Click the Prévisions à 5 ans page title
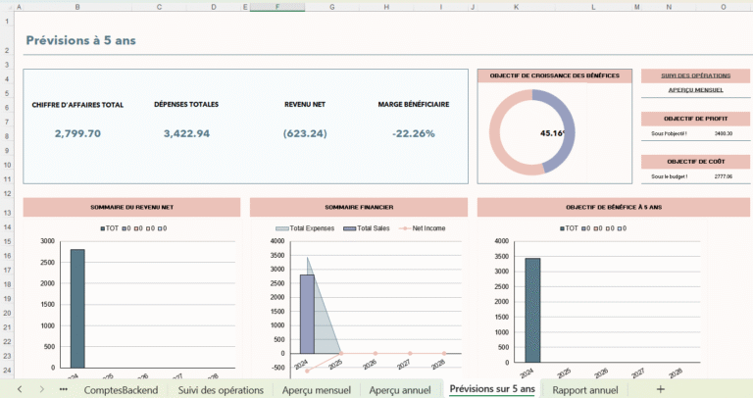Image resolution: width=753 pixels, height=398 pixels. pos(80,40)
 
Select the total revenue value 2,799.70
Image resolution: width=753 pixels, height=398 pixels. pos(77,133)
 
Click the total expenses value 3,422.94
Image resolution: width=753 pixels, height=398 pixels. pos(186,133)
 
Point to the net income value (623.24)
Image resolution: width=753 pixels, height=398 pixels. pos(305,133)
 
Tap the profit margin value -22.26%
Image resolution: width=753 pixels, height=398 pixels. pos(413,133)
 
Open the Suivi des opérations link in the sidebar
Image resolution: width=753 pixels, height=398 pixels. pos(696,75)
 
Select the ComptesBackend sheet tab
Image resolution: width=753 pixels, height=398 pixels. pos(121,389)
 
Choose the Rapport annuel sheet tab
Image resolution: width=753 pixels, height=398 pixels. pos(585,389)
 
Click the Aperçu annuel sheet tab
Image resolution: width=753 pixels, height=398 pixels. pos(399,389)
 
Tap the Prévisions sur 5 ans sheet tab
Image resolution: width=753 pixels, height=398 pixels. pos(492,389)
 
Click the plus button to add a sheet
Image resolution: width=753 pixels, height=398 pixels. pos(660,389)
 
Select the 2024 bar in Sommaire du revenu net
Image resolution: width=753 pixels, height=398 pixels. pos(77,306)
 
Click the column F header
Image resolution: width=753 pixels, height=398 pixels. pos(277,6)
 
